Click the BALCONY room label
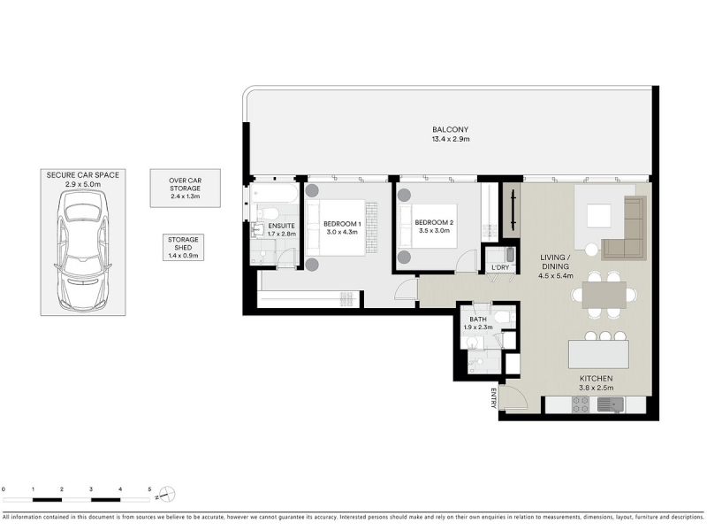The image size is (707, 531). (451, 129)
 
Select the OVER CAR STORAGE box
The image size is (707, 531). (186, 189)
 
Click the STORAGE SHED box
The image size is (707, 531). (183, 248)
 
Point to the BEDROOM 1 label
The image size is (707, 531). (342, 224)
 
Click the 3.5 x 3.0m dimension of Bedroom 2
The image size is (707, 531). (434, 231)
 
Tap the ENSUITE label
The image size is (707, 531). (281, 226)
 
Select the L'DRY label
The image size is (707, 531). (500, 267)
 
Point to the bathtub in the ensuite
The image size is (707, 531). (274, 194)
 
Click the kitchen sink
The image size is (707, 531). (611, 404)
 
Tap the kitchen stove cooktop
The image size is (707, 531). (581, 404)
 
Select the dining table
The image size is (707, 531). (604, 295)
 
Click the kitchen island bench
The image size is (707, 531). (599, 354)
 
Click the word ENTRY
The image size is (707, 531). (494, 397)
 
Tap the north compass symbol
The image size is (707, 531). (167, 494)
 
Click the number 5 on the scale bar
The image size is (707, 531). (149, 489)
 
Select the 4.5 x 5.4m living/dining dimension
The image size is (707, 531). (556, 275)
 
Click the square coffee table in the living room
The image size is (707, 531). (599, 216)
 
